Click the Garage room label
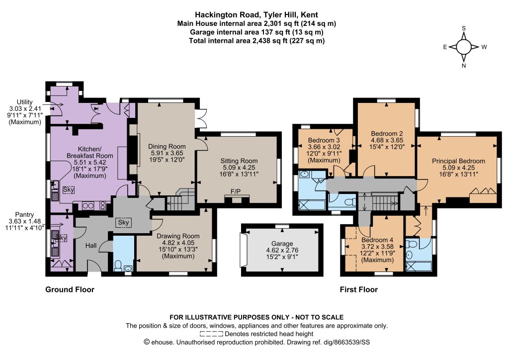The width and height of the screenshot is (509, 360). pos(282,244)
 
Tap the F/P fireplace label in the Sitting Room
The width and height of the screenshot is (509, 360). pos(236,192)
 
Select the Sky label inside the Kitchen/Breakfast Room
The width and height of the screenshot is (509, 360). pos(69,189)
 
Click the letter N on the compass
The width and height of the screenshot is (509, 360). pos(464,66)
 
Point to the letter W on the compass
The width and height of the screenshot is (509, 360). pos(484,47)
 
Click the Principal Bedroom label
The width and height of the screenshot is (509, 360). pos(458,161)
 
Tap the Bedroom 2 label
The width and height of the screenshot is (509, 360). pos(387,133)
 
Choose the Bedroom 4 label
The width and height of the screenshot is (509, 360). pos(377,240)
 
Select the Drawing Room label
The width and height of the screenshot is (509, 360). pos(178,236)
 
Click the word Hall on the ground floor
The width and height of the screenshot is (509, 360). pos(91,246)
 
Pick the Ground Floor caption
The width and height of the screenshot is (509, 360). pos(70,289)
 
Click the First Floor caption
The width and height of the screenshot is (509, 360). pos(359,289)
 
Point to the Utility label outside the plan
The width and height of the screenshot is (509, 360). pos(25,102)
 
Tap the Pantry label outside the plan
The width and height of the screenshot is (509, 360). pos(25,215)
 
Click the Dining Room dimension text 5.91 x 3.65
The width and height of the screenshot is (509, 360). pos(167,153)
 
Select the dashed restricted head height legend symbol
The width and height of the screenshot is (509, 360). pos(211,334)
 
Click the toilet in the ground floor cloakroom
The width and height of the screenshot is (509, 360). pos(118,266)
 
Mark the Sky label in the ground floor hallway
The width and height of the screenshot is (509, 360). pos(123,222)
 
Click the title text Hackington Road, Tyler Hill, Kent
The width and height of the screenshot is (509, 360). pos(256,14)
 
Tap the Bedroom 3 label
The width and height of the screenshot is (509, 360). pos(324,140)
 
